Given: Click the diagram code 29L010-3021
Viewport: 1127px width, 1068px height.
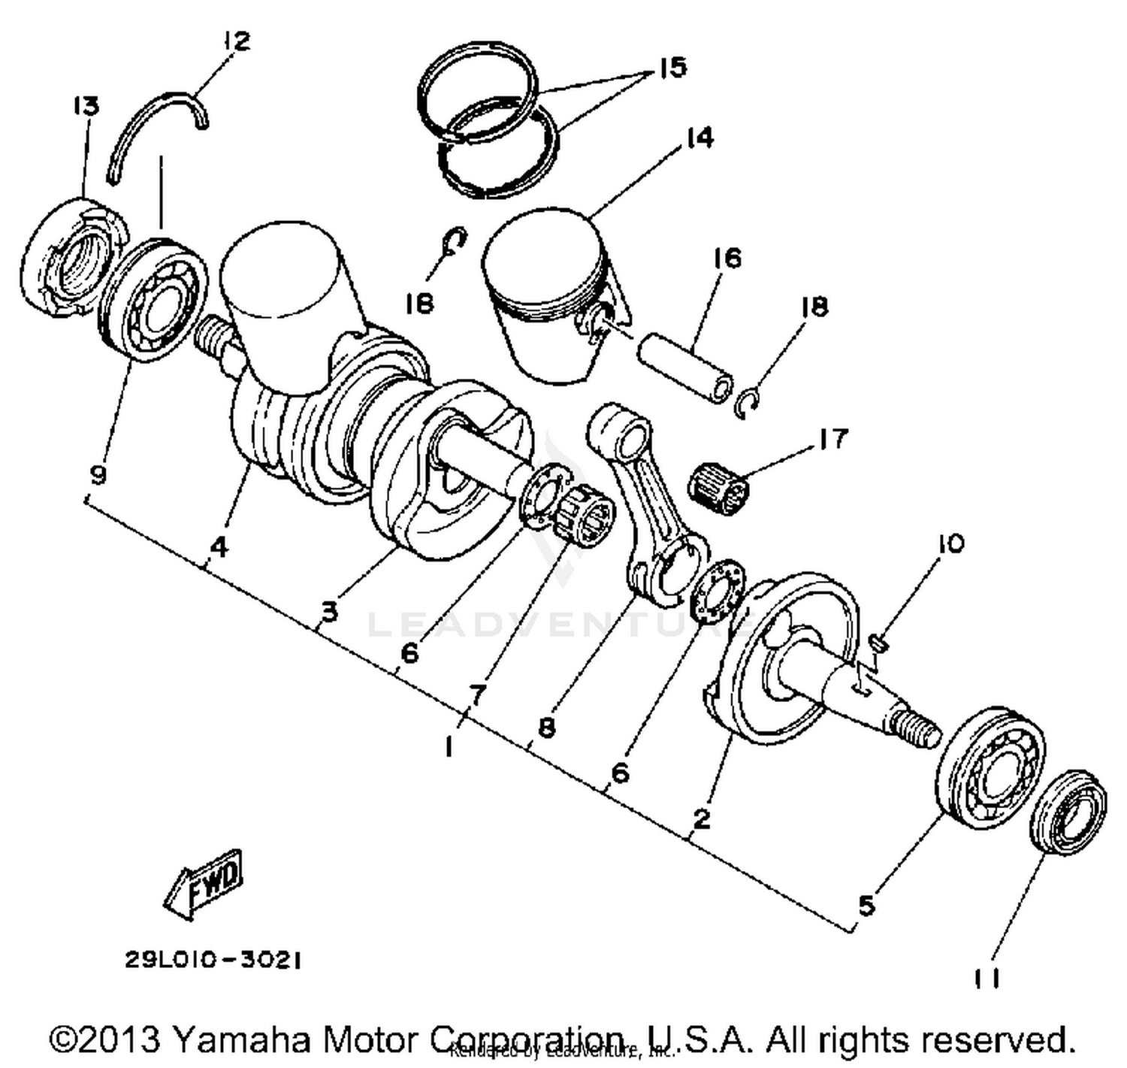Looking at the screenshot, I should pos(213,961).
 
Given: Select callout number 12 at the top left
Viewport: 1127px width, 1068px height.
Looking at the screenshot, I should pos(235,41).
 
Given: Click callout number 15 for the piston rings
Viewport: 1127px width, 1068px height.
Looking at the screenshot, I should pos(672,68).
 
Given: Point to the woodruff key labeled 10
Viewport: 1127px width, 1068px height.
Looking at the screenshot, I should pos(880,640).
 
